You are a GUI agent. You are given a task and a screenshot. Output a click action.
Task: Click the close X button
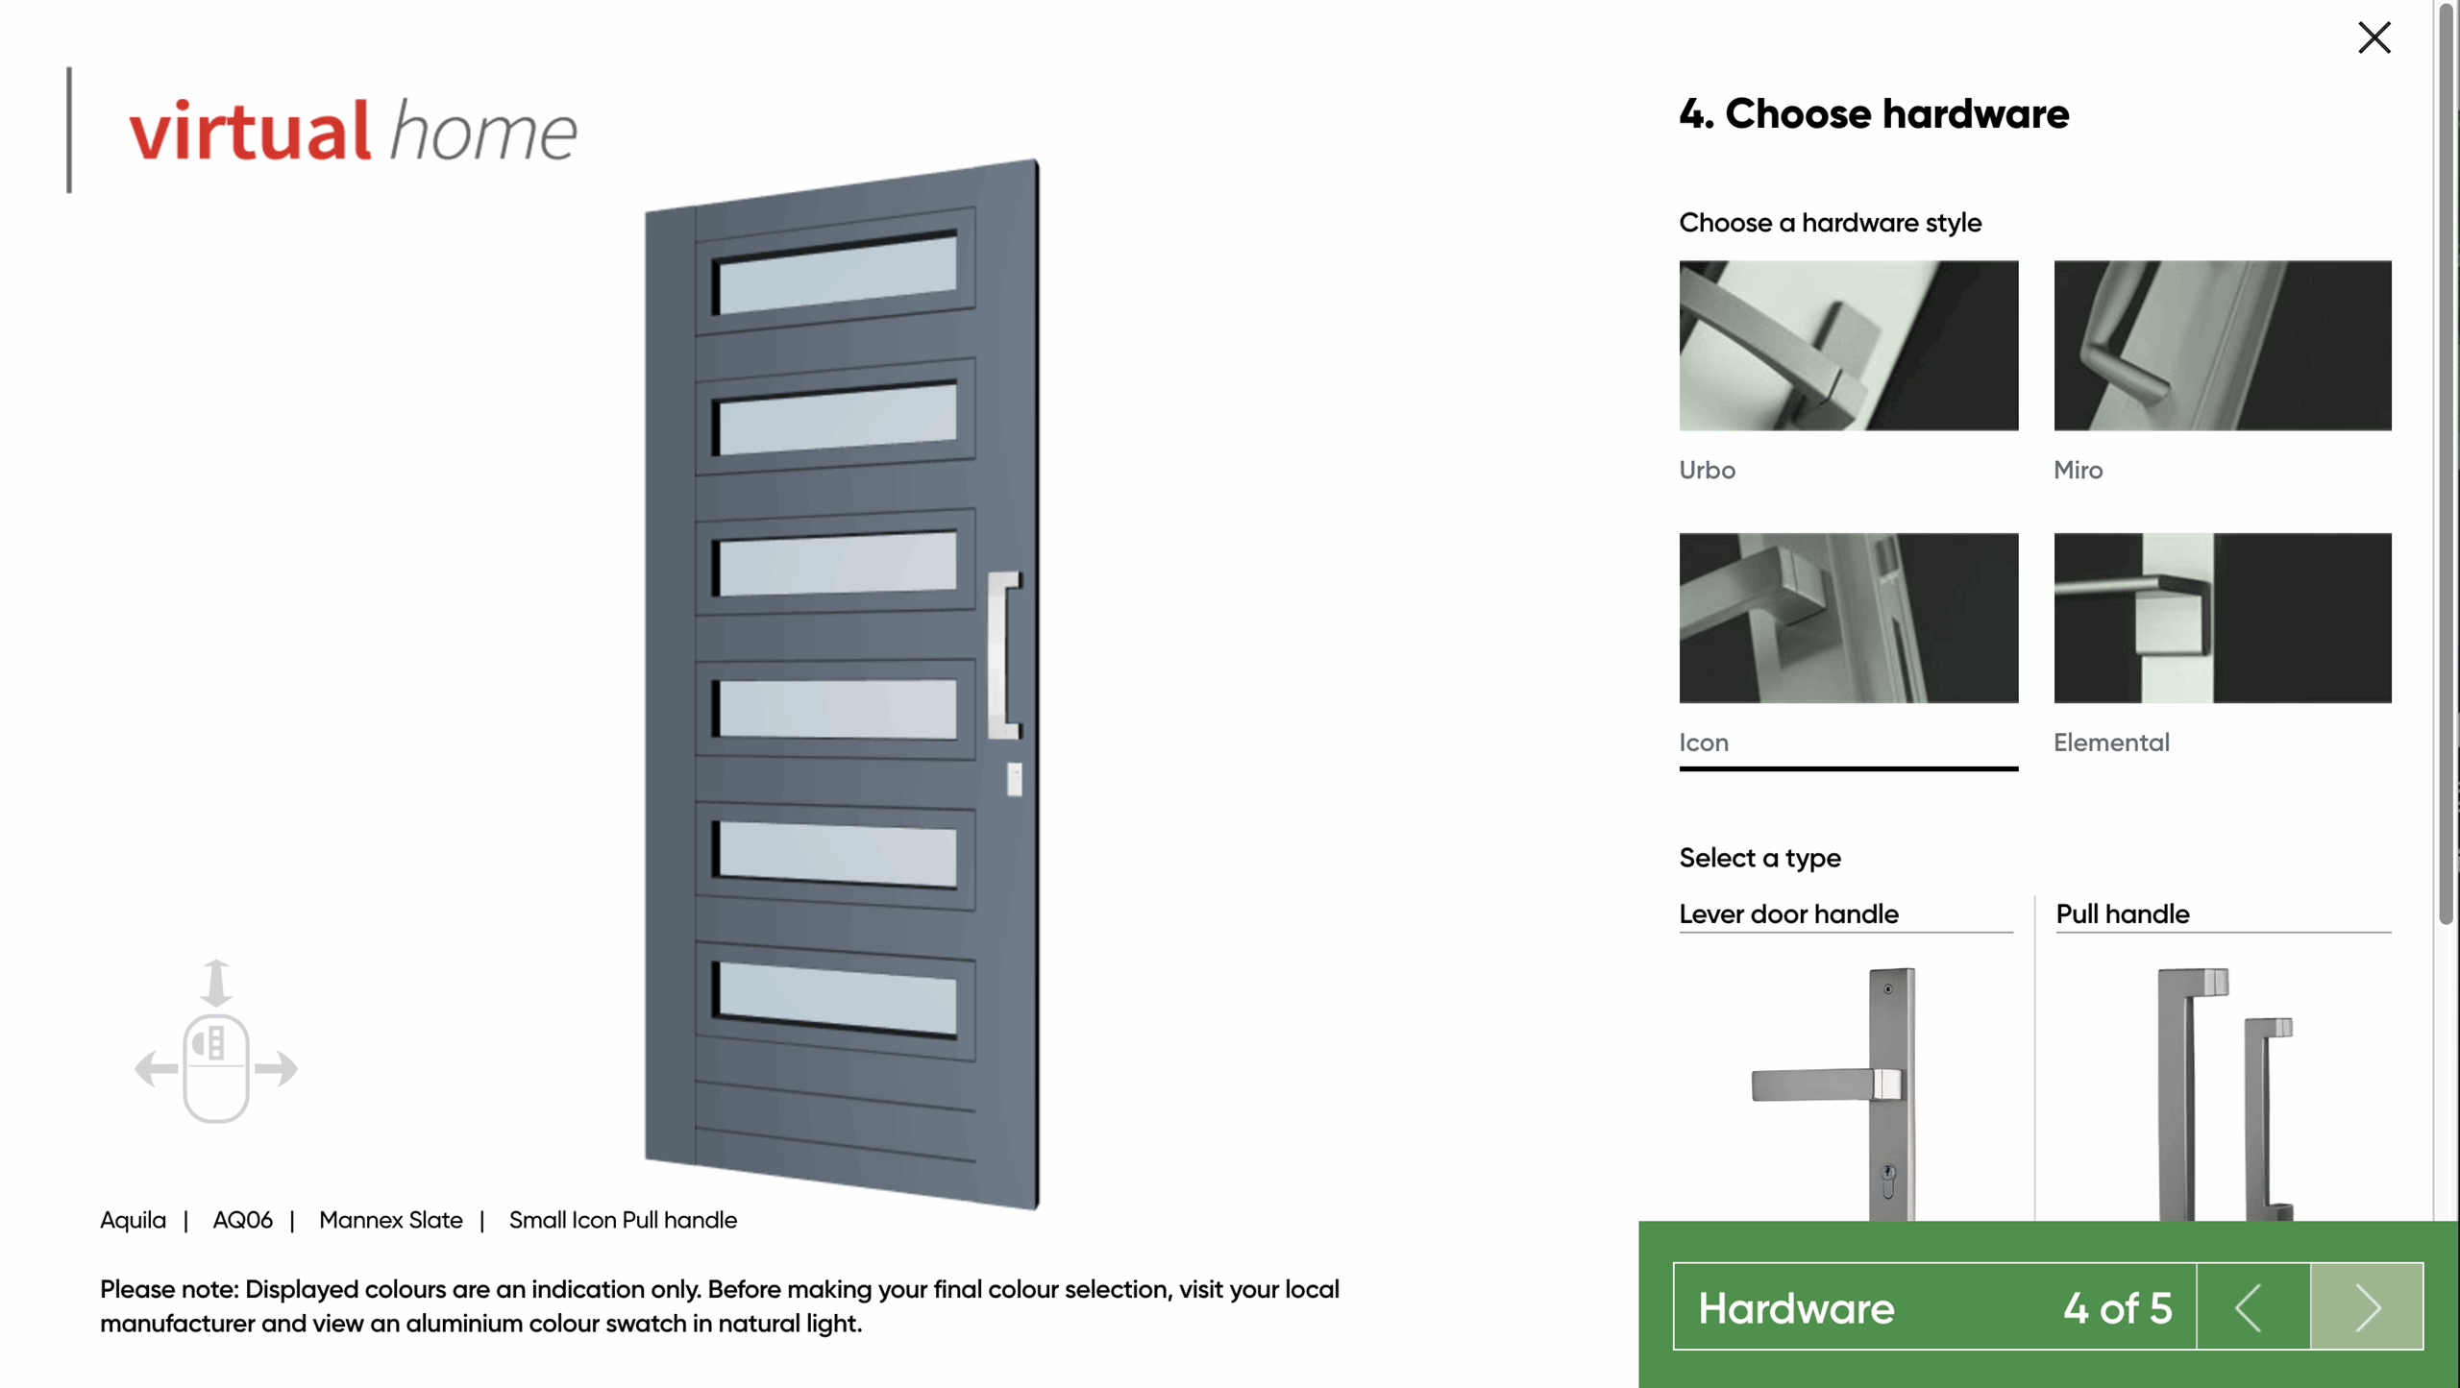tap(2374, 37)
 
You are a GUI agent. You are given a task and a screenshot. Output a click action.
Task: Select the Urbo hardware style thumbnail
tap(1848, 345)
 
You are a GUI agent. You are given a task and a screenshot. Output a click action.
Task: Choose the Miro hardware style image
tap(2222, 345)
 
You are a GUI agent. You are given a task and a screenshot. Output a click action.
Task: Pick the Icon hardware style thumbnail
tap(1848, 618)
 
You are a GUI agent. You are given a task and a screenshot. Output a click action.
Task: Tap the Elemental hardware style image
tap(2222, 618)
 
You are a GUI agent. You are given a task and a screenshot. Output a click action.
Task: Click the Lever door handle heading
tap(1788, 913)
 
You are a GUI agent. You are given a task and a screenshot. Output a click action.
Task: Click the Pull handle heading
tap(2122, 913)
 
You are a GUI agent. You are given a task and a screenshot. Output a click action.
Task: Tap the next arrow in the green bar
tap(2367, 1306)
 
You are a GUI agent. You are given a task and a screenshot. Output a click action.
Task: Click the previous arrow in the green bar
tap(2252, 1306)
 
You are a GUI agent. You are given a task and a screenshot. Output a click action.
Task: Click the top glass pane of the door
tap(837, 274)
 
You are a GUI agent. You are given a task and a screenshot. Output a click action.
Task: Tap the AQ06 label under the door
tap(242, 1220)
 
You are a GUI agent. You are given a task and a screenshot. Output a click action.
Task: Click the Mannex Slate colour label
tap(390, 1220)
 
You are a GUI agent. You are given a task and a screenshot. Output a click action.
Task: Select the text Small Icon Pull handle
tap(623, 1220)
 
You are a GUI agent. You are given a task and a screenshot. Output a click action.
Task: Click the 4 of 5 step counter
tap(2117, 1307)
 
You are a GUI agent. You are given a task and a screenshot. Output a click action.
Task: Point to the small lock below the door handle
tap(1014, 778)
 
